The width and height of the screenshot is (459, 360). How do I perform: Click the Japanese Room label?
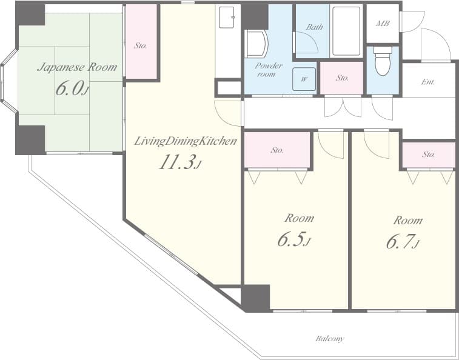click(76, 67)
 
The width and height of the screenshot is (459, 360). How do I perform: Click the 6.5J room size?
click(294, 240)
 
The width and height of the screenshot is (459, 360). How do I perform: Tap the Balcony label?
click(330, 338)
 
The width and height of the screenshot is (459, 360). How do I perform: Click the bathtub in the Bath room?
click(346, 31)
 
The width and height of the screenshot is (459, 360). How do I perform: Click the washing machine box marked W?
click(304, 79)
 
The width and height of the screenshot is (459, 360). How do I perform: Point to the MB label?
click(383, 24)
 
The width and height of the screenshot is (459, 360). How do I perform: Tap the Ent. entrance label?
click(427, 81)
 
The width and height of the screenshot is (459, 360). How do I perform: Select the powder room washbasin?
click(256, 44)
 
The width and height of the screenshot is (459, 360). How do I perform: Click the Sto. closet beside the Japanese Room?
click(141, 45)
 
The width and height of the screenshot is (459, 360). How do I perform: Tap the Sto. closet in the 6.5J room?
click(277, 150)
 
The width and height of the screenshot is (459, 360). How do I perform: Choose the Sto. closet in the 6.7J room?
click(428, 155)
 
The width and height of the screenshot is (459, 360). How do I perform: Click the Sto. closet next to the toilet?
click(342, 78)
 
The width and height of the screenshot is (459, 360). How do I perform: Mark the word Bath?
click(314, 27)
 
